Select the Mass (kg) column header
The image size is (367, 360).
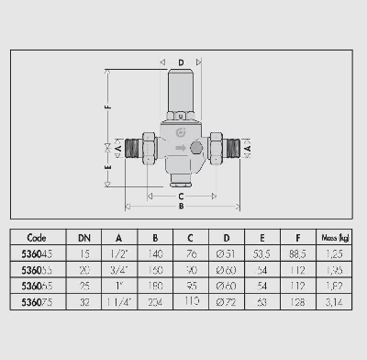click(x=334, y=236)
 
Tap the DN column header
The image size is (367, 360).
click(x=84, y=236)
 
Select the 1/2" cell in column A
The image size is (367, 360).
click(x=119, y=253)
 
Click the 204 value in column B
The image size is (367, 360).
click(x=155, y=300)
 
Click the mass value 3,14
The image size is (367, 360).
click(x=334, y=300)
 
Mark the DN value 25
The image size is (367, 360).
click(x=84, y=285)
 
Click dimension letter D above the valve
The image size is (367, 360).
click(x=181, y=62)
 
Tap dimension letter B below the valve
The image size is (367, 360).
click(x=181, y=207)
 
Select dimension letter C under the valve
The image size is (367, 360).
click(x=181, y=195)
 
